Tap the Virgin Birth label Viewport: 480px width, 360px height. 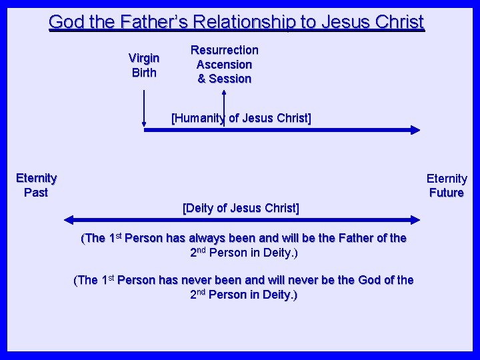(144, 65)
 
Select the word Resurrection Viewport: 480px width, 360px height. (224, 50)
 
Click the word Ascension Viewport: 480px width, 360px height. (224, 65)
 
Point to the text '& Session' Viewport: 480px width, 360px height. (224, 79)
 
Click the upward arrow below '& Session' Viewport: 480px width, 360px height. (224, 107)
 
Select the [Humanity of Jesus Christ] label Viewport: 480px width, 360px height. (241, 119)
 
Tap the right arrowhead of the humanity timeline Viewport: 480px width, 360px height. (415, 131)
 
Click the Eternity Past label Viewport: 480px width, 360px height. (37, 185)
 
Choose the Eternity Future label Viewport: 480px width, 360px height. (447, 186)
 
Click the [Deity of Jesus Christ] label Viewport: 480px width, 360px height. (241, 208)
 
